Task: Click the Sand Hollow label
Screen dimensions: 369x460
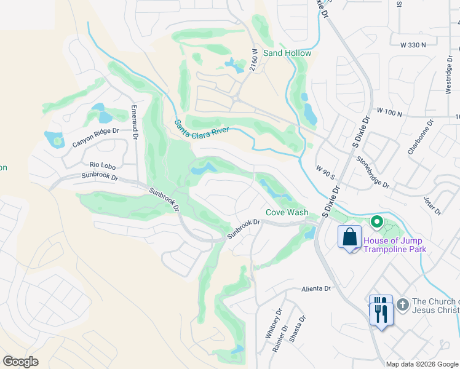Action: coord(287,53)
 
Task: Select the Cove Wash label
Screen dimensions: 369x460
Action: coord(287,212)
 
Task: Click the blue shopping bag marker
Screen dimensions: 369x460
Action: coord(349,237)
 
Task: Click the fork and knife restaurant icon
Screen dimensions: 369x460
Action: coord(380,311)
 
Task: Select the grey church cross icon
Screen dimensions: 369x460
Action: coord(402,304)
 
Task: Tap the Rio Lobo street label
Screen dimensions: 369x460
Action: coord(103,165)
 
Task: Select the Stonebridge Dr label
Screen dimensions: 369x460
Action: coord(373,172)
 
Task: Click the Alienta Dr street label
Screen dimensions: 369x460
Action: coord(316,288)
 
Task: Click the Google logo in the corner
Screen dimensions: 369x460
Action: coord(20,362)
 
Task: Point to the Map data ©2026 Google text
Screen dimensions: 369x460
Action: coord(422,364)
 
